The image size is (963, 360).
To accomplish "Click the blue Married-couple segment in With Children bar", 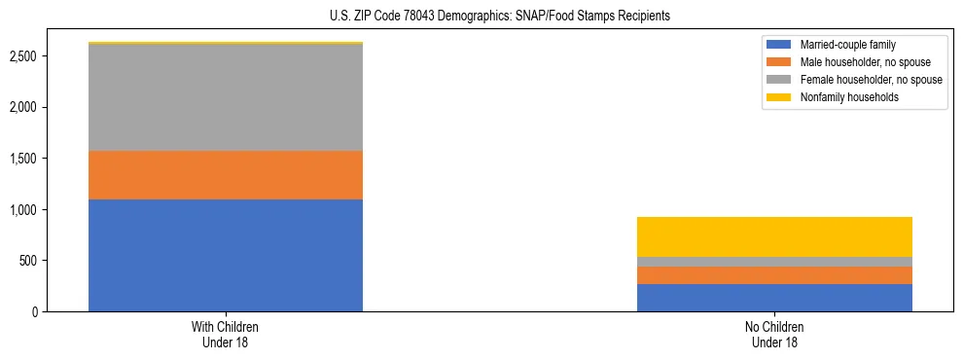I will click(226, 255).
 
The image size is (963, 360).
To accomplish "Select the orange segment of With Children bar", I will click(226, 175).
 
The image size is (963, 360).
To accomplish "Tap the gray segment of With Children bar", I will click(226, 97).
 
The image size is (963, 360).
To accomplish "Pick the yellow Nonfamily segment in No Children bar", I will click(774, 236).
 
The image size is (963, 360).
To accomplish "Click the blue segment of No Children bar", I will click(774, 298).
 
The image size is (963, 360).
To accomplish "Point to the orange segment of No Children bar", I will click(774, 275).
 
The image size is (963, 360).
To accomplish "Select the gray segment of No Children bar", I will click(774, 262).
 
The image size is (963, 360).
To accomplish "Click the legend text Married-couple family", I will click(847, 45).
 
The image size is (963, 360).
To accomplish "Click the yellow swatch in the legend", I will click(779, 97).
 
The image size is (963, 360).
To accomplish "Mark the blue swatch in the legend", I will click(779, 45).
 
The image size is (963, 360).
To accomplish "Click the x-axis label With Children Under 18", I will click(226, 335).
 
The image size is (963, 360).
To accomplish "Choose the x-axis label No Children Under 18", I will click(774, 335).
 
